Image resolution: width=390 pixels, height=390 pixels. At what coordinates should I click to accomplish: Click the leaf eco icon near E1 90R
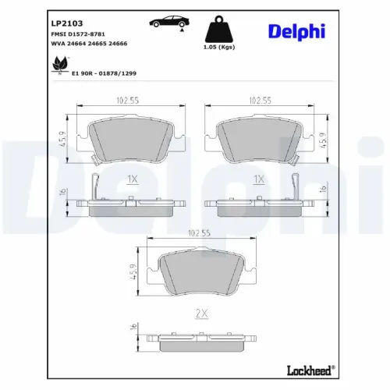point(59,69)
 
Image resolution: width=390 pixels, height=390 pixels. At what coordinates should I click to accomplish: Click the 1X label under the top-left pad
point(131,179)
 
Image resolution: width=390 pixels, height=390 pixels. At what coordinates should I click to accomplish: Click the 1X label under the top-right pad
point(260,179)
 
